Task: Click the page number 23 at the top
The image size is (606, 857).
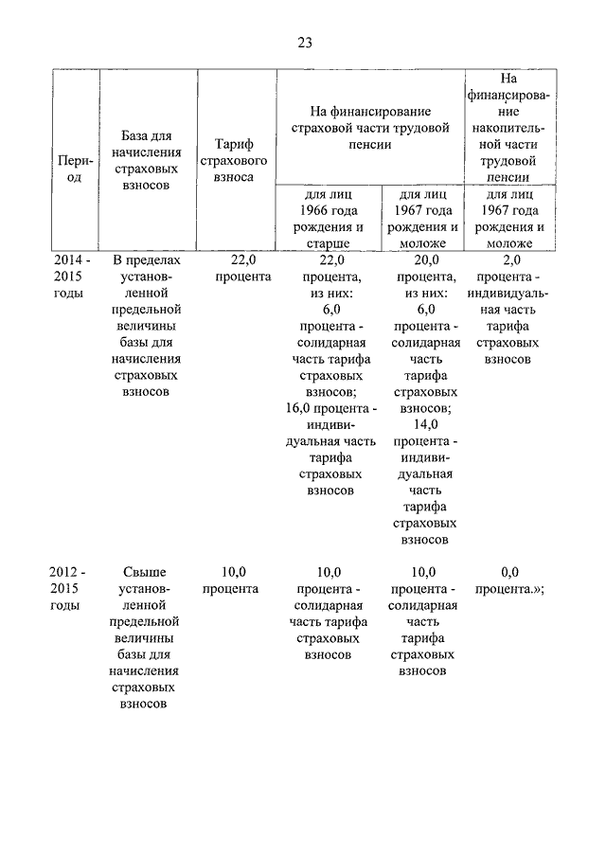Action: [304, 43]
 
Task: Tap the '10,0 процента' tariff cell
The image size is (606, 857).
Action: [232, 580]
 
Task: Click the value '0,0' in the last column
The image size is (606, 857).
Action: [510, 571]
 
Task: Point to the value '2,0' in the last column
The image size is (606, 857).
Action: [511, 259]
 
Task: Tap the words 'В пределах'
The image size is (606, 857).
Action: [145, 259]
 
